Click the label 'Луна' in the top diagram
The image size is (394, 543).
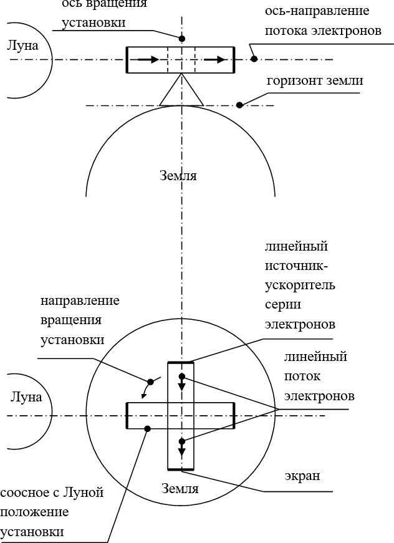23,46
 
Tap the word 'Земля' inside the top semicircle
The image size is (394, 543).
178,176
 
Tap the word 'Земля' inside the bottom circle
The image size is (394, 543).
180,488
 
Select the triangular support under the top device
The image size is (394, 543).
181,92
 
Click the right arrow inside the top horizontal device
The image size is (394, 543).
215,59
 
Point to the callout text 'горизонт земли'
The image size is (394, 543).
314,82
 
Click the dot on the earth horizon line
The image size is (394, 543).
240,105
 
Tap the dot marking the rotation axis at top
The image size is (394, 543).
181,38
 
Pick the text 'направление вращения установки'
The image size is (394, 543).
80,320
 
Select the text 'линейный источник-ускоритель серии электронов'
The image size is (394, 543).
300,285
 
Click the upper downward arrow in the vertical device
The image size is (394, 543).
181,382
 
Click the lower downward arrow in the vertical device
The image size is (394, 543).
181,448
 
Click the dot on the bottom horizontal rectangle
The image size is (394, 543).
148,428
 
